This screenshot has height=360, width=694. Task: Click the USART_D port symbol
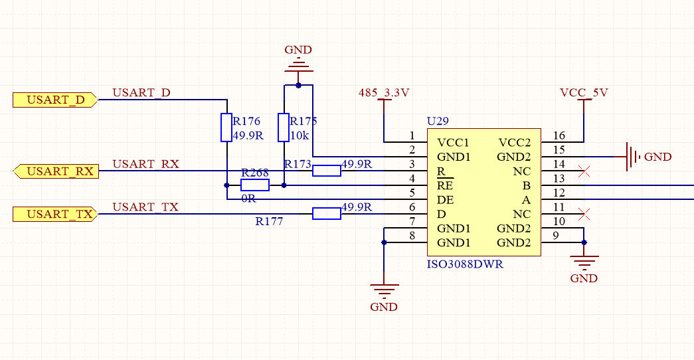click(x=56, y=100)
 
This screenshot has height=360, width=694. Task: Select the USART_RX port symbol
click(x=56, y=172)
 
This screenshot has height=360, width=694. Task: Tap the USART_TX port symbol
click(x=56, y=214)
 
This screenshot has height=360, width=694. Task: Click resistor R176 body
click(x=226, y=128)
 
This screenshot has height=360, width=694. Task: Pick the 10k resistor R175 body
click(x=284, y=128)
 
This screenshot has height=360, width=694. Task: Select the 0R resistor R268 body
click(x=255, y=185)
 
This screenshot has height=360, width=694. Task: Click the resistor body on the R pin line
click(x=327, y=171)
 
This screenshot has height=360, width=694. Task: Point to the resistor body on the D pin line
click(x=327, y=213)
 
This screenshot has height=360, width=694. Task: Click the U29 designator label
click(x=438, y=122)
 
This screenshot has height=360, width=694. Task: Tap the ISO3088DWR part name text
click(x=464, y=264)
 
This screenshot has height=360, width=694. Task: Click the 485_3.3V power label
click(x=384, y=92)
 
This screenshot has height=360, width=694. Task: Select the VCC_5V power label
click(x=584, y=92)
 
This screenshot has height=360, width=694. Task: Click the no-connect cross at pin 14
click(x=584, y=171)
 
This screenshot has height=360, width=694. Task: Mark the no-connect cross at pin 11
click(x=584, y=214)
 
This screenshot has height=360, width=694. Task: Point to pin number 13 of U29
click(x=559, y=178)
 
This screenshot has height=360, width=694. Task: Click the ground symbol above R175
click(x=298, y=66)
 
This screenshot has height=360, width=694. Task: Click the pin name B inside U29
click(x=527, y=185)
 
